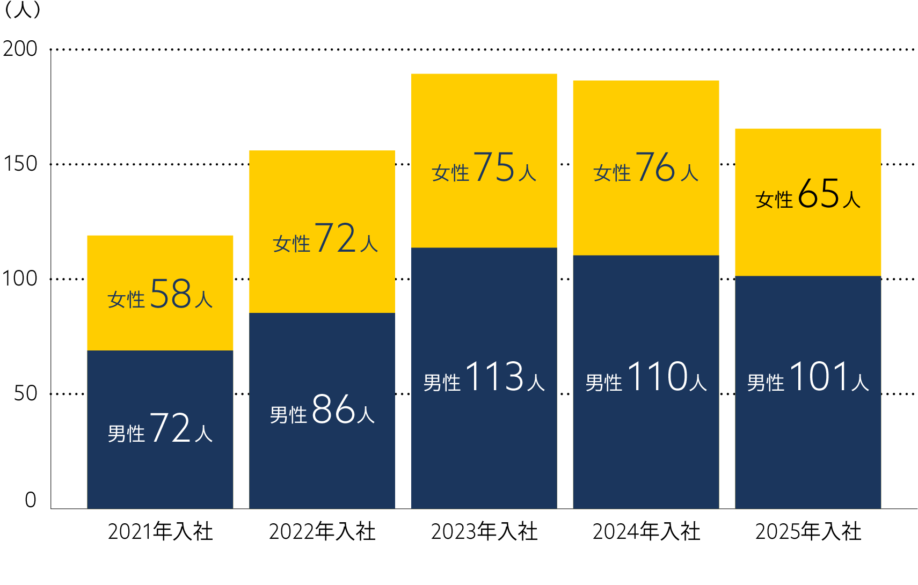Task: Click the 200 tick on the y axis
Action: (x=20, y=49)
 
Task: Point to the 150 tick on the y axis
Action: (x=20, y=164)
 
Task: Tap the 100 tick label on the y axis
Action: (x=20, y=279)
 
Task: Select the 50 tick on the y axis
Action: (x=25, y=393)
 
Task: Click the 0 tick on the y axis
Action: (x=31, y=500)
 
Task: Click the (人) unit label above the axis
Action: (x=21, y=10)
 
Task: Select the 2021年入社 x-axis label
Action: (x=160, y=531)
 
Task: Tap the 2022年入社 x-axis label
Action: (x=322, y=531)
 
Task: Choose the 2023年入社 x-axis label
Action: (x=484, y=531)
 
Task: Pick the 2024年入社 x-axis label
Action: (x=646, y=531)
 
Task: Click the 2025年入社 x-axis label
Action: (x=808, y=531)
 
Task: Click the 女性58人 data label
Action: (x=160, y=294)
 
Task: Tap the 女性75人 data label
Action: (x=484, y=167)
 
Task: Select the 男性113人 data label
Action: (x=484, y=377)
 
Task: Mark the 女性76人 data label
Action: (x=646, y=167)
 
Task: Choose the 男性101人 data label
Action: (x=808, y=377)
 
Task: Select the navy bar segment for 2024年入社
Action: (x=646, y=440)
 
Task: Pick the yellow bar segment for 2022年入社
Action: (x=322, y=188)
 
